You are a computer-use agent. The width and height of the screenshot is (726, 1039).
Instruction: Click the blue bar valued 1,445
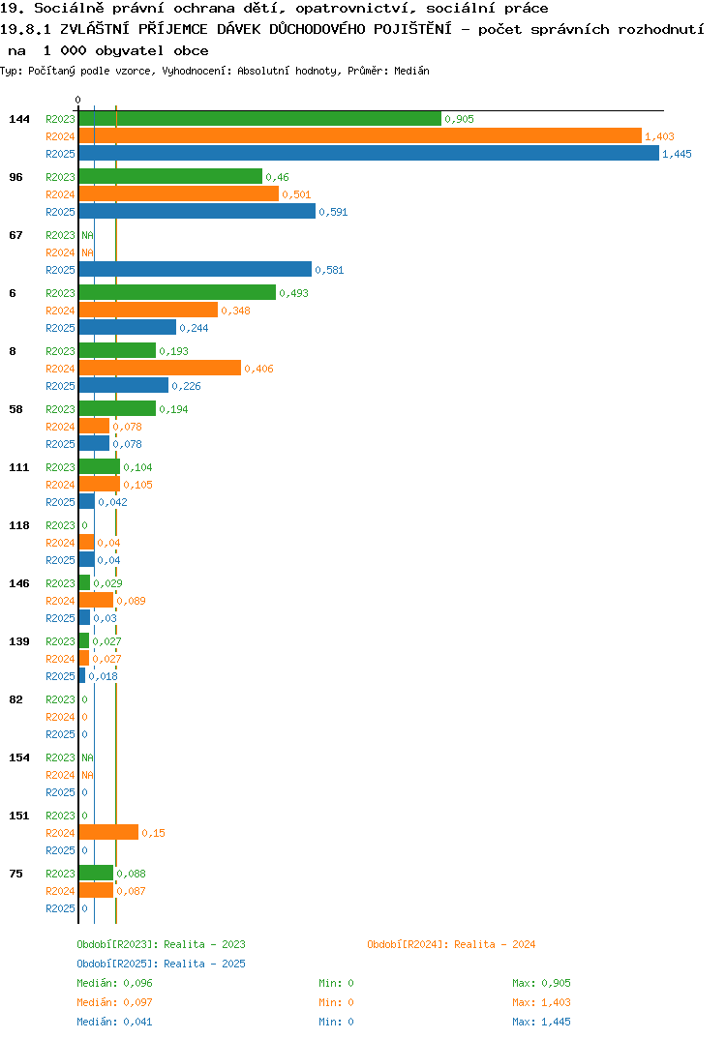tap(369, 153)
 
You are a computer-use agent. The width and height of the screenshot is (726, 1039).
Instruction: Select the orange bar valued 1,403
tap(360, 135)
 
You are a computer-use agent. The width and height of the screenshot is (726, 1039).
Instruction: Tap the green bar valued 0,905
tap(259, 119)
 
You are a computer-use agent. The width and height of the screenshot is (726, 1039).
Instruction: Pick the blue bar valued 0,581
tap(195, 269)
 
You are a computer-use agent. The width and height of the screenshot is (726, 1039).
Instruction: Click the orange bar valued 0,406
tap(160, 368)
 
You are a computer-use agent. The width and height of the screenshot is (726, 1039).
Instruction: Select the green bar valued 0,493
tap(177, 292)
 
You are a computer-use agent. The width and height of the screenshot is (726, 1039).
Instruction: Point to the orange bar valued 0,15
tap(108, 832)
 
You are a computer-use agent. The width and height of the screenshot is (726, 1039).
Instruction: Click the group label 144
tap(19, 119)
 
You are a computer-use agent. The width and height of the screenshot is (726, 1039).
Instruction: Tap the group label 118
tap(19, 525)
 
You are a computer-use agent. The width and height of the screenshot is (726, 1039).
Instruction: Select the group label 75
tap(15, 874)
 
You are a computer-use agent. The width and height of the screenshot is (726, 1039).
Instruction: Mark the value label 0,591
tap(333, 212)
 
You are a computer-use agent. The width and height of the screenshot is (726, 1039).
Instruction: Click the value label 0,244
tap(194, 328)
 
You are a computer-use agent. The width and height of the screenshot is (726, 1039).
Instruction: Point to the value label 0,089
tap(131, 601)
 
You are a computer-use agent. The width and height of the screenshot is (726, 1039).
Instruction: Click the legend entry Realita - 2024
tap(451, 944)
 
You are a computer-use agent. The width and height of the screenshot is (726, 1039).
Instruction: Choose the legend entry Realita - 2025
tap(161, 964)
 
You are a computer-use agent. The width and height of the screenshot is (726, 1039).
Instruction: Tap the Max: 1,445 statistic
tap(541, 1022)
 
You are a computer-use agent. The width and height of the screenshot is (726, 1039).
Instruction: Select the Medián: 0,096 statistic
tap(114, 983)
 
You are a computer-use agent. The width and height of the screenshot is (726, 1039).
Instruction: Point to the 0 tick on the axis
tap(78, 100)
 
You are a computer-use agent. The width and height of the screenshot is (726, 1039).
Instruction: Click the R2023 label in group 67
tap(60, 235)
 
